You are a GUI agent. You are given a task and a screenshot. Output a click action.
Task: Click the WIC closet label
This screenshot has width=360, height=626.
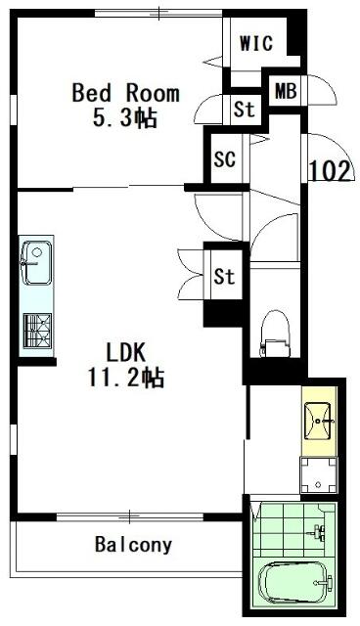pos(256,43)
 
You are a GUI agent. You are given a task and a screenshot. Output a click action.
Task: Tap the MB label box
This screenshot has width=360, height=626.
pos(286,90)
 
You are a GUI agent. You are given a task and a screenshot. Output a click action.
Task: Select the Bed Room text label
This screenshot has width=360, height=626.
pos(126,93)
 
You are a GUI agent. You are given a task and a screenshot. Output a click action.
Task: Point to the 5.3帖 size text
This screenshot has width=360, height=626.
pos(124,117)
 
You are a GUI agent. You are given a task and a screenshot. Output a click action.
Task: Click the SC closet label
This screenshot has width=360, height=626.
pos(225,159)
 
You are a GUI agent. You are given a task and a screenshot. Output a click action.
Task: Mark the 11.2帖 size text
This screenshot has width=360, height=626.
pos(126,378)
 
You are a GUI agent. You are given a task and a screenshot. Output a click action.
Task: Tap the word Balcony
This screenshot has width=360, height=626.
pos(133,544)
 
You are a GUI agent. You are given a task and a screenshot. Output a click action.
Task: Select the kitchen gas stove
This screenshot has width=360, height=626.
pos(37,331)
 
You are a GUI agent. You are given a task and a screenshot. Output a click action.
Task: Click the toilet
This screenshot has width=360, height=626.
pos(276,335)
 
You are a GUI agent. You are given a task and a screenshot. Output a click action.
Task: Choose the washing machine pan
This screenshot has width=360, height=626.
pos(319,475)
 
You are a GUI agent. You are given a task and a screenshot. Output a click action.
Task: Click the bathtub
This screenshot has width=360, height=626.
pos(294,583)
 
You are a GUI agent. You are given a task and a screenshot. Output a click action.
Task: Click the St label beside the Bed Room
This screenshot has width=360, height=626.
pos(245,109)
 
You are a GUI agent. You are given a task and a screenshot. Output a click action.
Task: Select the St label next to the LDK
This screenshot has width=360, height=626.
pos(224,276)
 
